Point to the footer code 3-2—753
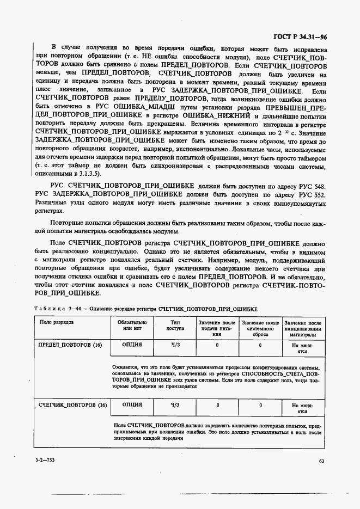click(45, 461)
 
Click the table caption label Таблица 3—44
click(53, 308)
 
